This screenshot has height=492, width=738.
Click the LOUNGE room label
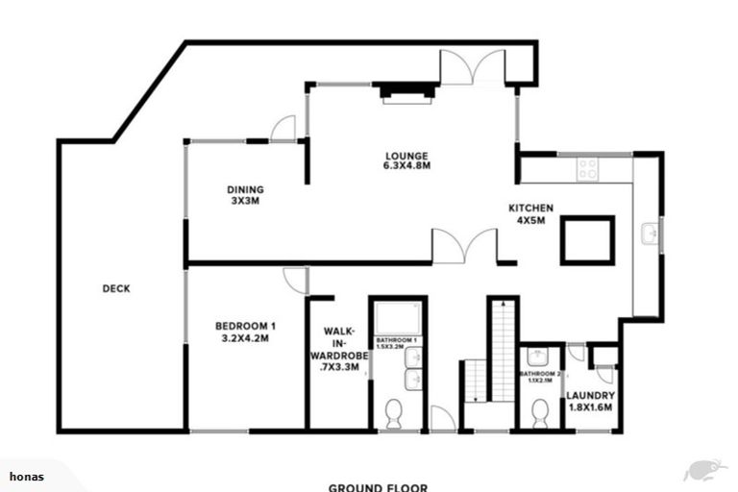coord(406,160)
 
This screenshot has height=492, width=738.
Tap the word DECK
coord(115,288)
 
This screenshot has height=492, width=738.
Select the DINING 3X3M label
coord(245,195)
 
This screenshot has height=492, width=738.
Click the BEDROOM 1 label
coord(245,331)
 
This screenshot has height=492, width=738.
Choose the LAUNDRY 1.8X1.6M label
coord(590,402)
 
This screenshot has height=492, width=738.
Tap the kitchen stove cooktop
coord(586,169)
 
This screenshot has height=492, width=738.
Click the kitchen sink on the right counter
coord(649,233)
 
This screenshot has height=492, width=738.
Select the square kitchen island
coord(587,239)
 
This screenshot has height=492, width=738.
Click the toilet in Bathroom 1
coord(393,414)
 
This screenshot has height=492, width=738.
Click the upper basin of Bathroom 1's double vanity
coord(412,359)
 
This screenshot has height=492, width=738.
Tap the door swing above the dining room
coord(283,129)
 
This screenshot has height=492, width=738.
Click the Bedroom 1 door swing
coord(295,280)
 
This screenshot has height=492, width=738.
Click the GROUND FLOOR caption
coord(378,486)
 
